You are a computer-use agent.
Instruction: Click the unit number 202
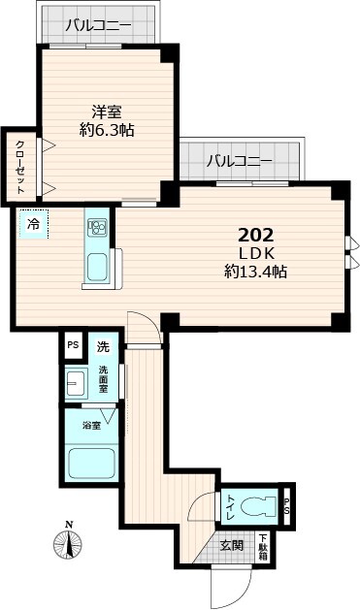[x=256, y=235]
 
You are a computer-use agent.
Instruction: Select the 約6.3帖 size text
[x=107, y=130]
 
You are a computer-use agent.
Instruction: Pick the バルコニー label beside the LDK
[x=239, y=160]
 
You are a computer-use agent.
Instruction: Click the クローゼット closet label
[x=20, y=166]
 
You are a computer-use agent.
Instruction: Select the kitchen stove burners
[x=98, y=228]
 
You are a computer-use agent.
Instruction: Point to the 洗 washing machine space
[x=101, y=346]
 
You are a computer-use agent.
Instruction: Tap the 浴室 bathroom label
[x=91, y=426]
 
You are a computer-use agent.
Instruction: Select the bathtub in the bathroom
[x=92, y=466]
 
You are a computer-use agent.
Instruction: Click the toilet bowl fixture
[x=256, y=505]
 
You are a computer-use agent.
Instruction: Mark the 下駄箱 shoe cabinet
[x=263, y=546]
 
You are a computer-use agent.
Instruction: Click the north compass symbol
[x=70, y=545]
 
